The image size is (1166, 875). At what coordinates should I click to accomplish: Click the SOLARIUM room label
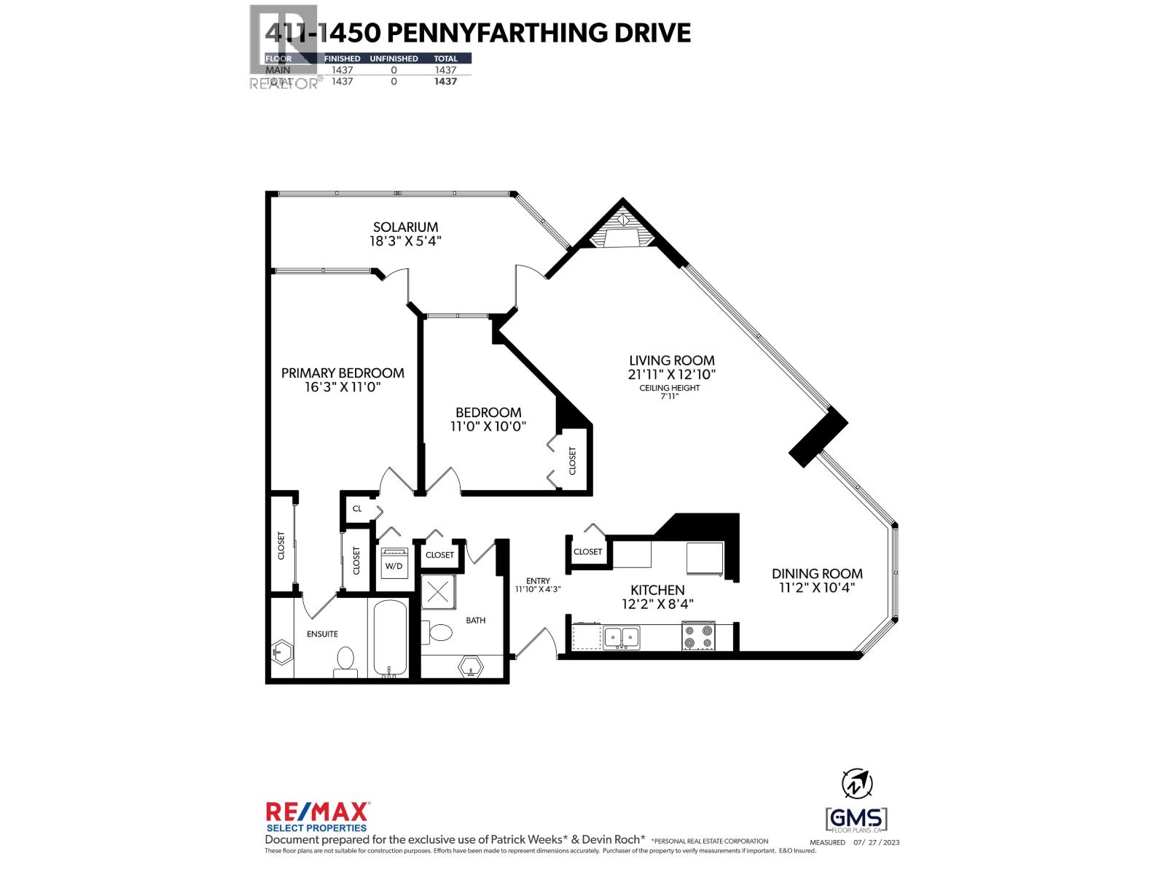(x=405, y=227)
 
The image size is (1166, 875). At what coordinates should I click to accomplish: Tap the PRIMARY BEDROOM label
(x=343, y=373)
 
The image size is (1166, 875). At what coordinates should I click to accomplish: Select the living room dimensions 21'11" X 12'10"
(x=672, y=374)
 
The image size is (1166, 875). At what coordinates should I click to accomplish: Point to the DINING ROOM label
(x=817, y=574)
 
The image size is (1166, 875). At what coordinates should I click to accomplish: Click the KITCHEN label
(x=657, y=590)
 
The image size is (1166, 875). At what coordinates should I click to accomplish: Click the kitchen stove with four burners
(x=698, y=636)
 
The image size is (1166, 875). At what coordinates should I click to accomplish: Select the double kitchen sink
(x=621, y=637)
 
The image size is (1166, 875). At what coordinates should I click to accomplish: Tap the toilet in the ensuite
(x=344, y=661)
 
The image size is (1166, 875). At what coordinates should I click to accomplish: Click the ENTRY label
(x=538, y=580)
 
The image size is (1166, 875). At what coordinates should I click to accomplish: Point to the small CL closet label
(x=357, y=508)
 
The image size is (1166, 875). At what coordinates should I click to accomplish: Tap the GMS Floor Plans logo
(x=856, y=819)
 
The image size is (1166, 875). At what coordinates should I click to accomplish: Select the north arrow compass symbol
(x=857, y=784)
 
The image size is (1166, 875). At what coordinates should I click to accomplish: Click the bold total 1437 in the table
(x=445, y=82)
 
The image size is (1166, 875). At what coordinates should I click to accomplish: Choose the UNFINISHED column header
(x=394, y=58)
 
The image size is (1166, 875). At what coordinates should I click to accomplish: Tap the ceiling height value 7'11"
(x=669, y=397)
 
